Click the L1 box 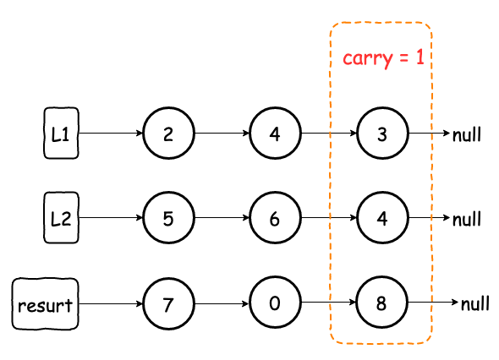[61, 133]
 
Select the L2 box [61, 217]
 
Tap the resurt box [45, 303]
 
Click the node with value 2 [168, 133]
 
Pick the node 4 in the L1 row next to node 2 [275, 133]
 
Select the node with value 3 [382, 133]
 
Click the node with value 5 [168, 217]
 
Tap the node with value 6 [275, 217]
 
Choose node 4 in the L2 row [382, 217]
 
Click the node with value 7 [168, 303]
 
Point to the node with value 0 [275, 303]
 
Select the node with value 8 [381, 303]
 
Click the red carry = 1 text [383, 57]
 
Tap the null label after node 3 [467, 134]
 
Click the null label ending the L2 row [467, 219]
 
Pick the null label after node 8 [475, 303]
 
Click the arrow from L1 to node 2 [111, 133]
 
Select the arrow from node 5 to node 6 [222, 217]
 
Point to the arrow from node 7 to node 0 [222, 303]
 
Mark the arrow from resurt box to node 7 [111, 303]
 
